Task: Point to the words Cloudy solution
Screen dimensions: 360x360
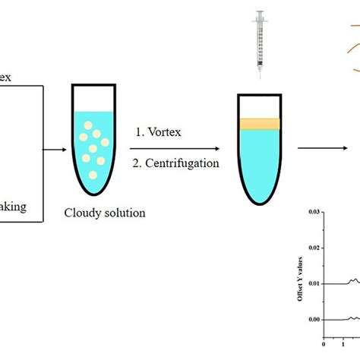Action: (x=104, y=213)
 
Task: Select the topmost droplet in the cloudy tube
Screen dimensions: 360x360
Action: (x=88, y=127)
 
